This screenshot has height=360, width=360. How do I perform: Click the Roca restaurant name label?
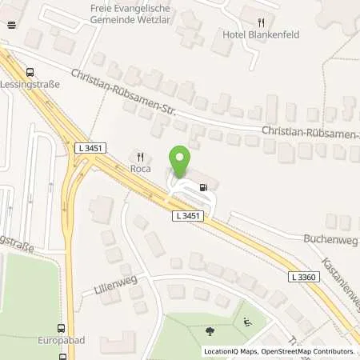(x=142, y=169)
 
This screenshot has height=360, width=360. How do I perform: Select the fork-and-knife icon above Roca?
(x=142, y=157)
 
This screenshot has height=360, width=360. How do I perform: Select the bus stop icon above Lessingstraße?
(x=30, y=70)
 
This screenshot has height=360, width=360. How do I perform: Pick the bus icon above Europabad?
(x=61, y=327)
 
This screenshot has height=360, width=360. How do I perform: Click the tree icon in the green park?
(x=210, y=329)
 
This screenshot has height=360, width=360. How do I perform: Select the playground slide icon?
(x=246, y=322)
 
